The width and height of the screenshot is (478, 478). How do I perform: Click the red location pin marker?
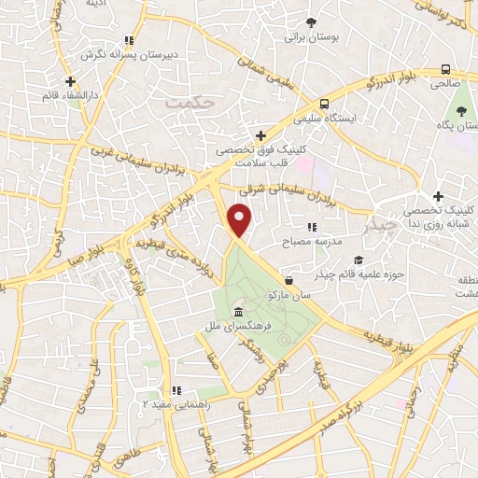point(240,221)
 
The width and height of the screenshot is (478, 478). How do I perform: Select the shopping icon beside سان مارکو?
point(288,279)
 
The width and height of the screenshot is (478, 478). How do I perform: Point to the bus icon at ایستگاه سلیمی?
point(324,104)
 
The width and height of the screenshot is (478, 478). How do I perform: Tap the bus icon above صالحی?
point(446,68)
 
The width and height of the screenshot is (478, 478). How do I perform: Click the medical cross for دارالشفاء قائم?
point(70,81)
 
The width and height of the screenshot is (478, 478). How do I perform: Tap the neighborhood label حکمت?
point(192,101)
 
